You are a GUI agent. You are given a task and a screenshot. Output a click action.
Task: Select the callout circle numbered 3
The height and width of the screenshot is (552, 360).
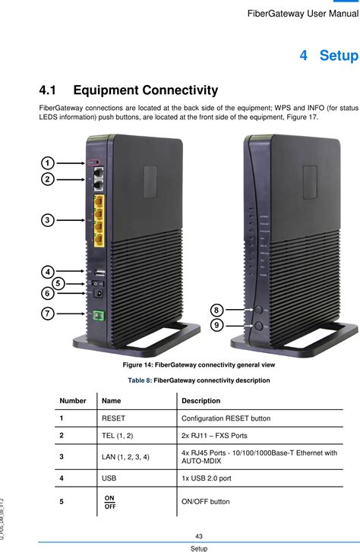47,219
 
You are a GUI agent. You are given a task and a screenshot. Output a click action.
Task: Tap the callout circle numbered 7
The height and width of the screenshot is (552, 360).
47,313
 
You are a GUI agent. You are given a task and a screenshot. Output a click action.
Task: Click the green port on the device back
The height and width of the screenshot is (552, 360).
97,315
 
